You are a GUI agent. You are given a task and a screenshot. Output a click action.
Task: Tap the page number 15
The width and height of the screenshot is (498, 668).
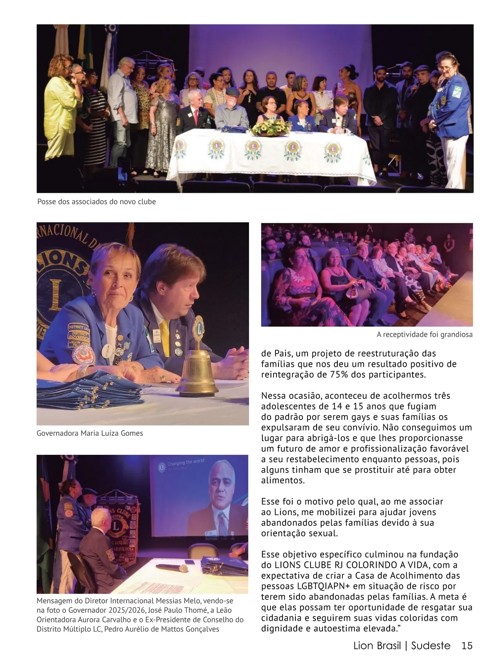tap(467, 646)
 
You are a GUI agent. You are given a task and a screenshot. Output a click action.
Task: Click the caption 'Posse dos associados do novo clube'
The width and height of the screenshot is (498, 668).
tap(97, 202)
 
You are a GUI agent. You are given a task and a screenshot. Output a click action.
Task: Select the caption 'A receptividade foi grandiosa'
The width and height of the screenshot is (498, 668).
tap(425, 334)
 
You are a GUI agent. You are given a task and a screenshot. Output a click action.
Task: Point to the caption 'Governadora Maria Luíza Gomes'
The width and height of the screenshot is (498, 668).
tap(90, 433)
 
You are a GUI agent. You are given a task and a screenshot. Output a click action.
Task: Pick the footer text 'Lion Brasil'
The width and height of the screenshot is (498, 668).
tap(377, 646)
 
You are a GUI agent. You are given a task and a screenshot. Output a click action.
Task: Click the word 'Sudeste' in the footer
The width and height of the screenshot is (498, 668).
tap(431, 646)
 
